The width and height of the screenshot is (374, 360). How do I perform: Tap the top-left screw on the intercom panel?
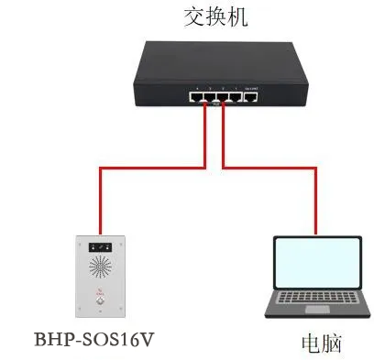(82, 240)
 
